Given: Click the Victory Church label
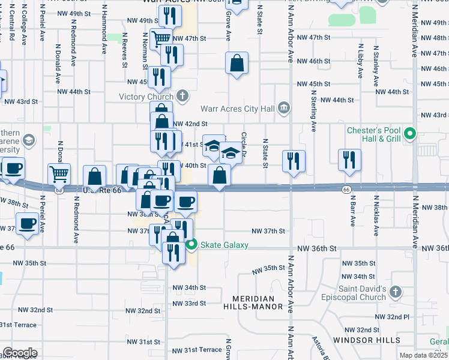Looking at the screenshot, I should [146, 97].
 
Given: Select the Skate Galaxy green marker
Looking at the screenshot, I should [192, 244].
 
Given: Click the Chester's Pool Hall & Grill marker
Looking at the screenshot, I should [411, 133].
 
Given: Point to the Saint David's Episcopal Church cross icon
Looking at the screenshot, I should [395, 292].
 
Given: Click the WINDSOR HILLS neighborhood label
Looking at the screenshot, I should [367, 340].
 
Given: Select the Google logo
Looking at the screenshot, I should [20, 352].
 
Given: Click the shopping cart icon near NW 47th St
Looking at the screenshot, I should [160, 39].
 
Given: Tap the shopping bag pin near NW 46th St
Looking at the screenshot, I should [237, 62].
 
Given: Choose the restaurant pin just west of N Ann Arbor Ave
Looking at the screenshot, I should [294, 161].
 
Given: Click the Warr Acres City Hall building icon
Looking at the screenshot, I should [284, 109].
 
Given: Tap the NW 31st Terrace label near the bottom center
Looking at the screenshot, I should [197, 350].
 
